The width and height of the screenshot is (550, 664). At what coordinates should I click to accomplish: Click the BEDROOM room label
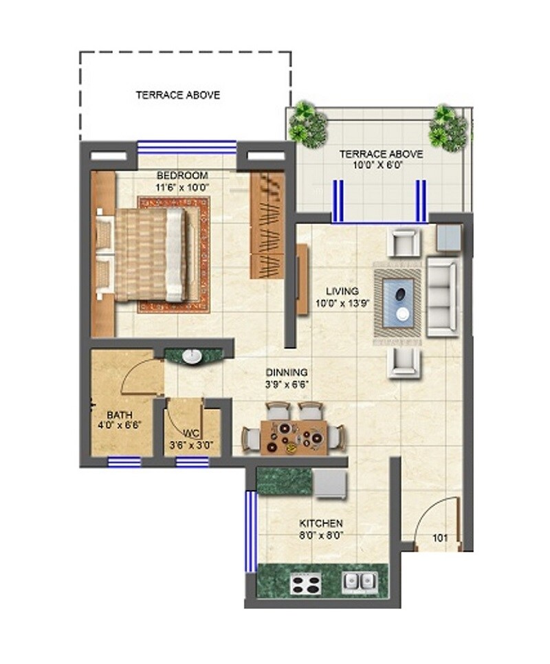point(181,176)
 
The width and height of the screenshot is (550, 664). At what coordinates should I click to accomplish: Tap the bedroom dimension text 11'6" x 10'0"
point(181,186)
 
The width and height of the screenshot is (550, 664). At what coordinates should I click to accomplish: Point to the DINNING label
point(287,373)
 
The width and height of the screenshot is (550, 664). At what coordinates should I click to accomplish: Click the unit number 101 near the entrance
point(440,538)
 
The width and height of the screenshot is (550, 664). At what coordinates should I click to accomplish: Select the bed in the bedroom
point(150,255)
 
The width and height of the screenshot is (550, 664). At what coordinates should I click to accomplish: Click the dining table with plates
point(294,437)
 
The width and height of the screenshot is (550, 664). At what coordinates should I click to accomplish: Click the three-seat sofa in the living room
point(442,296)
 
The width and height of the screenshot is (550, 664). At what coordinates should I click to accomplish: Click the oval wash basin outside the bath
point(194,356)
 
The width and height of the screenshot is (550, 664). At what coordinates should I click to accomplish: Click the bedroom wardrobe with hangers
point(267,225)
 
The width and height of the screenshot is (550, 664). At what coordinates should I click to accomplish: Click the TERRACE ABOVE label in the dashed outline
point(178,96)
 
